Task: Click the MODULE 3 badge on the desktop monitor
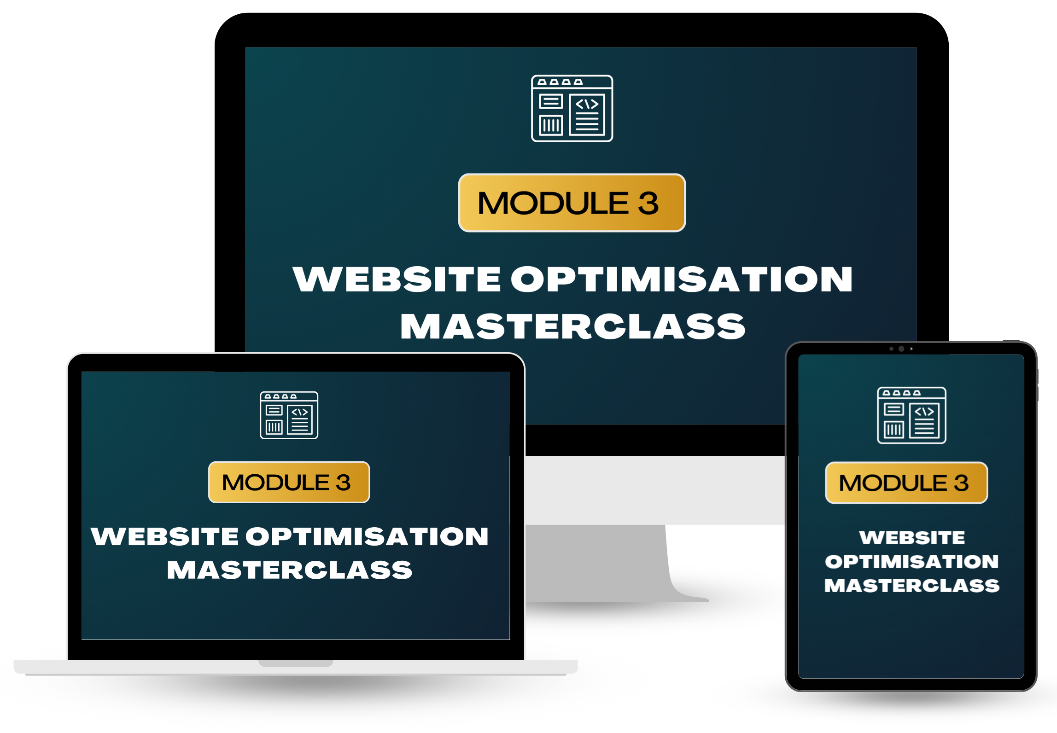point(572,203)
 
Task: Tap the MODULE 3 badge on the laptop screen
point(289,482)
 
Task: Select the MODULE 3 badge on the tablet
point(906,483)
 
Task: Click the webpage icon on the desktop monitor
point(572,108)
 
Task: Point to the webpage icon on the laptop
point(289,415)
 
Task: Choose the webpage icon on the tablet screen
point(911,415)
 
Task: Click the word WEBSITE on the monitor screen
point(397,279)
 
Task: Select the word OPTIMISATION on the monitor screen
point(682,279)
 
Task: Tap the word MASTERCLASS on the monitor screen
point(572,326)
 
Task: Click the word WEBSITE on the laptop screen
point(164,536)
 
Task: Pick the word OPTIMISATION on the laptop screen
point(367,536)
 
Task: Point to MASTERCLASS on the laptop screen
point(289,570)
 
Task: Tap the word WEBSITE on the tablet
point(912,537)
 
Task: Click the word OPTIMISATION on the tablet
point(911,561)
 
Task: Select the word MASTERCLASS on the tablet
point(911,586)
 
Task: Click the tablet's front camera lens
point(901,349)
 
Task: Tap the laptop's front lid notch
point(296,663)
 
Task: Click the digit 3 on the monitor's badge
point(648,203)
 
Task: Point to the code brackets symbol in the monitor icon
point(587,105)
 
